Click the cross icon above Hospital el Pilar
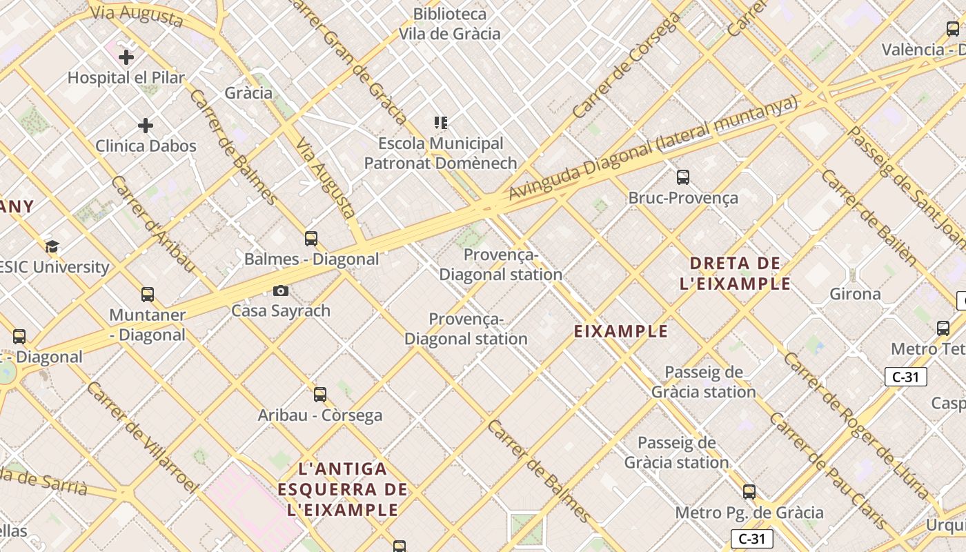(126, 57)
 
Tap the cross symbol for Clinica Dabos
(145, 126)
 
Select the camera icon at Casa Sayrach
(280, 290)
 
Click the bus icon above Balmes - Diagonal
(311, 239)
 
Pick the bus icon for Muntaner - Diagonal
(147, 295)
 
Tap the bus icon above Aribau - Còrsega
(319, 395)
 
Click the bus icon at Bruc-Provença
(682, 177)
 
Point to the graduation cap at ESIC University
(51, 246)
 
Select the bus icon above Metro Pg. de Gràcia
(749, 492)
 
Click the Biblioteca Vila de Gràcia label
(450, 23)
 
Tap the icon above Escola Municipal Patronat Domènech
(441, 123)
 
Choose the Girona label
(855, 294)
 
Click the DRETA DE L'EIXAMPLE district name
(736, 273)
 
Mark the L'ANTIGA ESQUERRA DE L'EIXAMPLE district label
(343, 490)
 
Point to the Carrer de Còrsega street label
(626, 65)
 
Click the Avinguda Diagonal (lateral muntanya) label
(652, 148)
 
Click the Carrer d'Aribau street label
(152, 224)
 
